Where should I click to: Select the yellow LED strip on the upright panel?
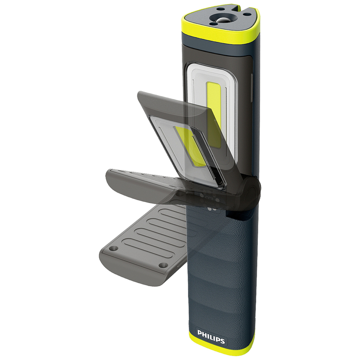[214, 115]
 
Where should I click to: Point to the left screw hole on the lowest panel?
[113, 249]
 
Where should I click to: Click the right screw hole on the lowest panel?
[163, 265]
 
